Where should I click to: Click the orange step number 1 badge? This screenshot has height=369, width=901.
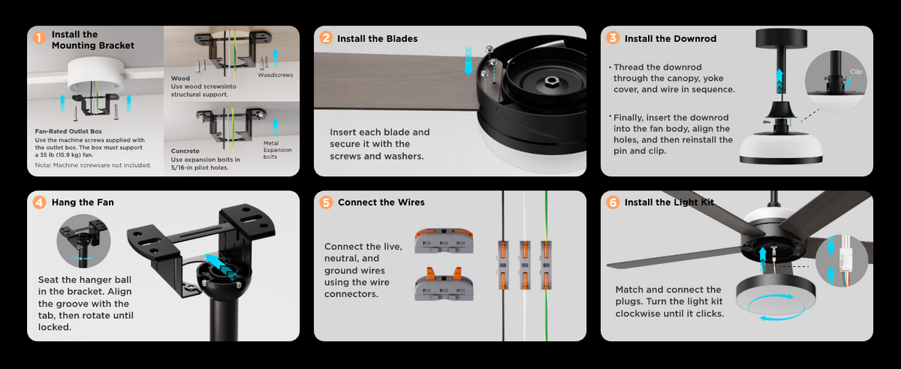39,37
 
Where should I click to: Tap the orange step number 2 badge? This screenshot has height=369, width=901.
326,37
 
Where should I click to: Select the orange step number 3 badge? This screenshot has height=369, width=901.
613,37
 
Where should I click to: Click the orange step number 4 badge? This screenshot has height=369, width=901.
39,202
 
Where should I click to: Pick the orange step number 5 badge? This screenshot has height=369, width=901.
326,202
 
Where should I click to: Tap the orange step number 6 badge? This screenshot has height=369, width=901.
613,202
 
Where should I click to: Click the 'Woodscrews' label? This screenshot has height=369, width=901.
276,75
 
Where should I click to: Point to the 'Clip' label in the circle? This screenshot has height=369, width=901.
856,71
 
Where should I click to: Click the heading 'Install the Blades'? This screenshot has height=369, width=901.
377,38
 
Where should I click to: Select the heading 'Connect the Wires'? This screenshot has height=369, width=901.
381,202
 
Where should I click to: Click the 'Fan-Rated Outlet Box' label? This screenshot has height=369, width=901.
68,131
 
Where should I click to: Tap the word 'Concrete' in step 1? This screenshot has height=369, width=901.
185,151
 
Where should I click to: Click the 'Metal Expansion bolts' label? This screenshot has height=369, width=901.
278,150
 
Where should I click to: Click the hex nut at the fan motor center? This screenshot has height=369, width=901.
550,82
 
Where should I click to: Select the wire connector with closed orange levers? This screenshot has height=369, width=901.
444,241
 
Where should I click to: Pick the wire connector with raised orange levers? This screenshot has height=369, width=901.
444,283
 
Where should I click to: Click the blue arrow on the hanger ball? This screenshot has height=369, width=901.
221,265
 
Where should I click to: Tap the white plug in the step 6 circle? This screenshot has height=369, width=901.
845,259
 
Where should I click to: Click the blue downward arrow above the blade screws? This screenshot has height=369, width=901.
469,61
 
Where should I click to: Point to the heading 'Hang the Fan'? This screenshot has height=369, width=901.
83,202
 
